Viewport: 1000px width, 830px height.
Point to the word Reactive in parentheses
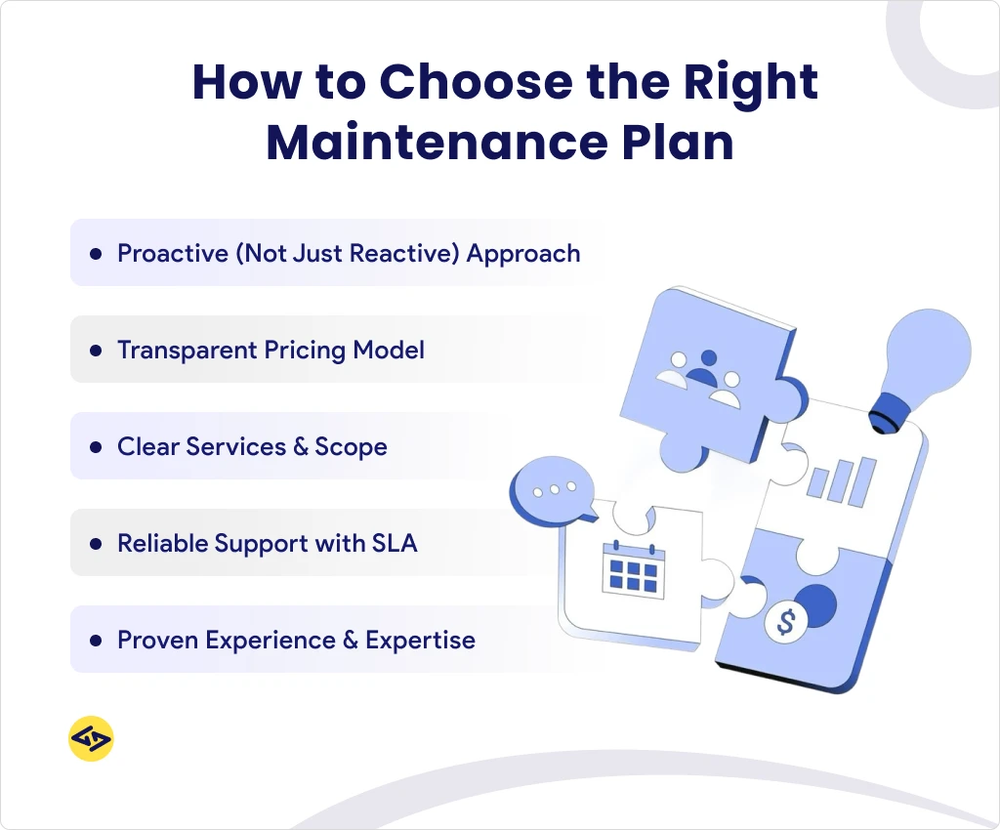(x=404, y=254)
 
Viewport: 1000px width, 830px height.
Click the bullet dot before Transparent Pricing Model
(x=96, y=350)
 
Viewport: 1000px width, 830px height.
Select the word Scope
(x=351, y=447)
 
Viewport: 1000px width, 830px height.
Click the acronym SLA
(x=395, y=543)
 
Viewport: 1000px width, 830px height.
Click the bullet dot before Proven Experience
(x=96, y=641)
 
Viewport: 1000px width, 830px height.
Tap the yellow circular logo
(x=91, y=739)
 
